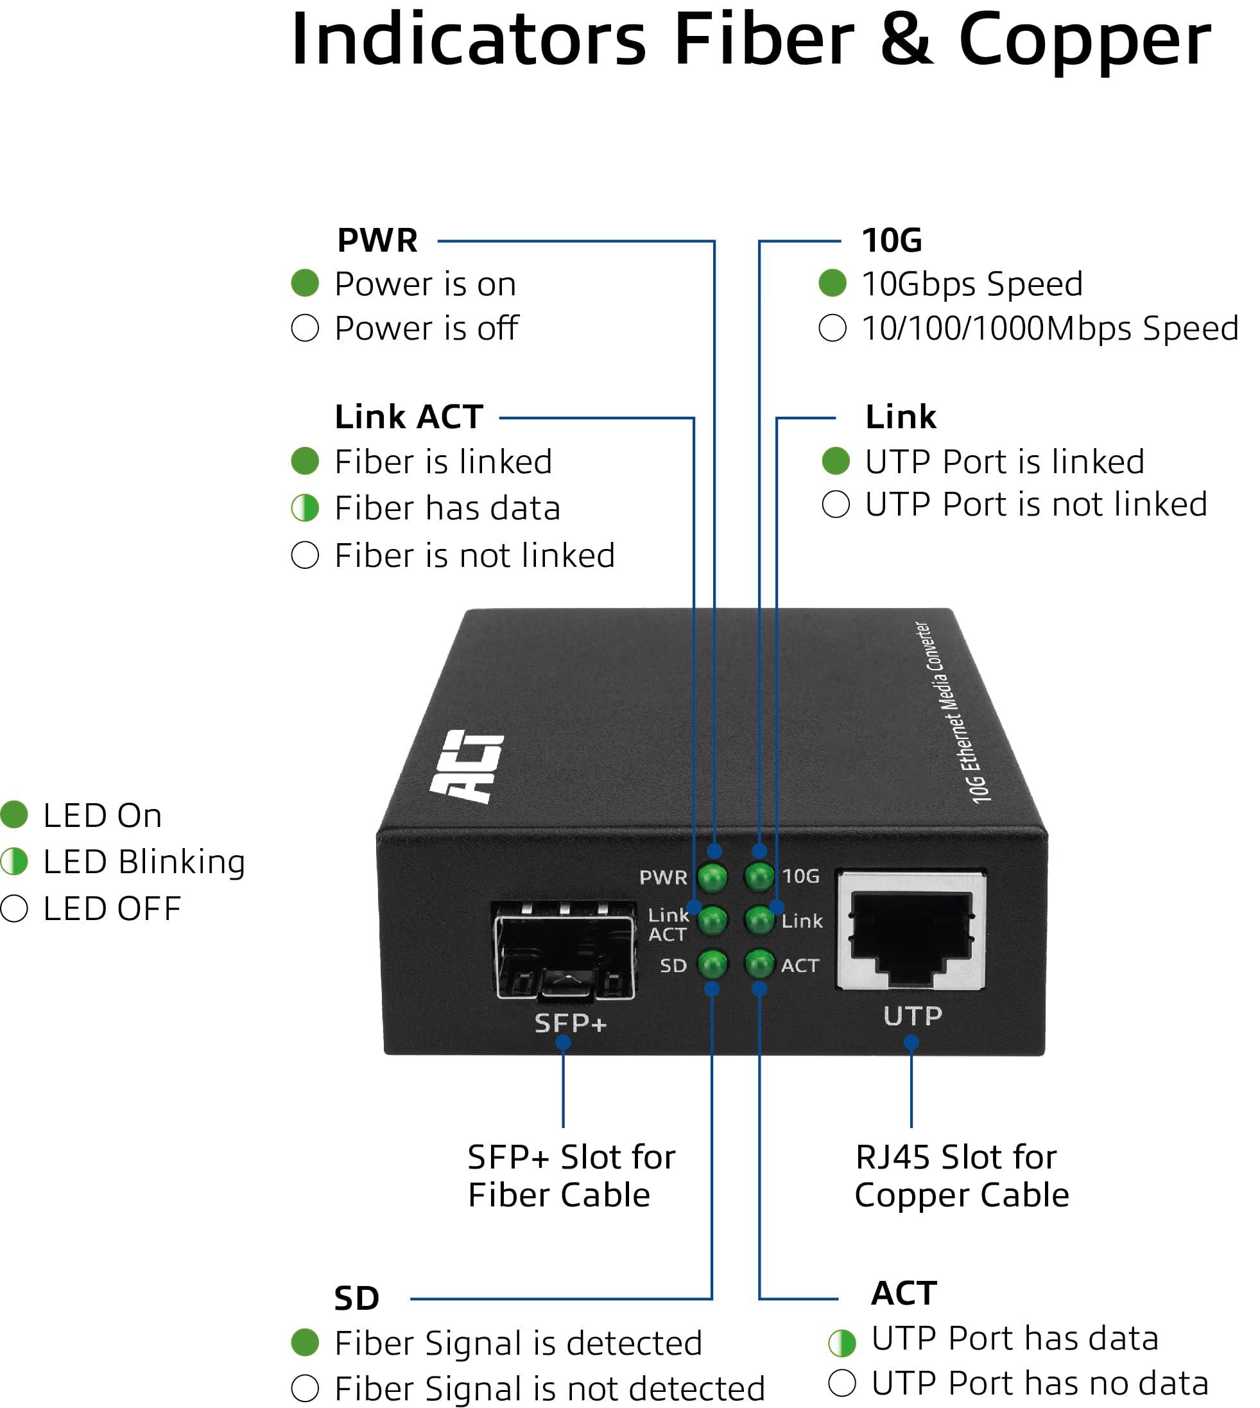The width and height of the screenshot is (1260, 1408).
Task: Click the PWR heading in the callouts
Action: pos(377,240)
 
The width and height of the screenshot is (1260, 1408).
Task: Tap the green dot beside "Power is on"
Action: pos(305,282)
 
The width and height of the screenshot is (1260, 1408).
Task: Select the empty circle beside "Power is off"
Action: pos(305,327)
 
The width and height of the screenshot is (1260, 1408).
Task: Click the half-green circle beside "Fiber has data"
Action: pos(305,508)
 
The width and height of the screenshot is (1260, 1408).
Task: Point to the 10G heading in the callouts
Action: pos(892,240)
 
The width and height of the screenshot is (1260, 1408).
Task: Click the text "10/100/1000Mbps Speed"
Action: pos(1049,328)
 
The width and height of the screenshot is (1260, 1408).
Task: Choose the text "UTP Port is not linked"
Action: pos(1036,504)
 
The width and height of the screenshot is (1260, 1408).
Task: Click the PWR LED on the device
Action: pos(712,877)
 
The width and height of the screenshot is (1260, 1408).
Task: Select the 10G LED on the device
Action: pos(759,877)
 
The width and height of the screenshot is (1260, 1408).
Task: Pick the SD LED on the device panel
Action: pos(712,964)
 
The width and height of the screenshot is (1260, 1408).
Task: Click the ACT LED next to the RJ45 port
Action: pos(759,964)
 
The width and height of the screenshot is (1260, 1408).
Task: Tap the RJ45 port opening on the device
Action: pos(911,932)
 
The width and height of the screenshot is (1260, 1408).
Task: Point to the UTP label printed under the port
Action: pos(913,1016)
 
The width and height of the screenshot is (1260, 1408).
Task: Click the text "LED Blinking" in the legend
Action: pos(144,862)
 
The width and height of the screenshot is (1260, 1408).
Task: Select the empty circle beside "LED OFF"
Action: pos(14,908)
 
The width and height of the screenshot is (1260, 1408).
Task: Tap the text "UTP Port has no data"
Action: pos(1039,1383)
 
